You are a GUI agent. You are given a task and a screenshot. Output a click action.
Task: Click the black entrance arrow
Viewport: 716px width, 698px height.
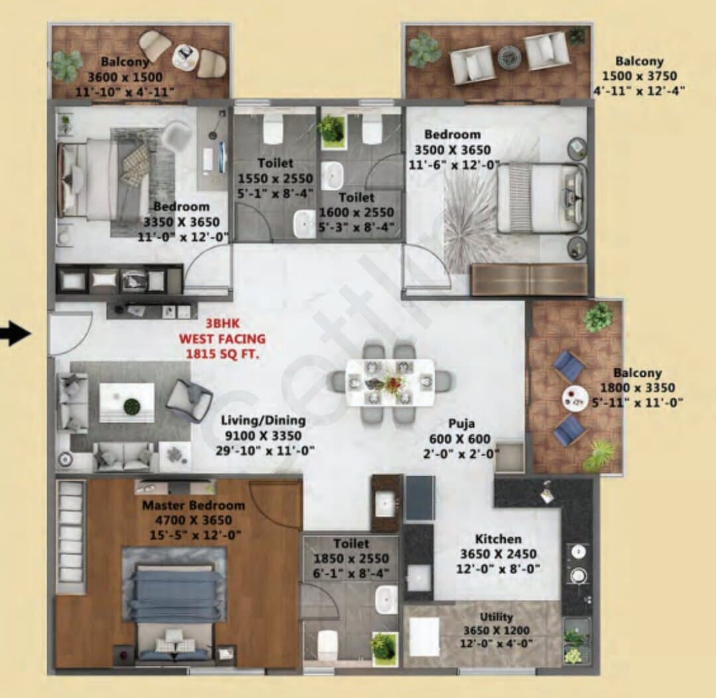point(15,332)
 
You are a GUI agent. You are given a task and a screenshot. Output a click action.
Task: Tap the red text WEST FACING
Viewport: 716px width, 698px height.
point(222,338)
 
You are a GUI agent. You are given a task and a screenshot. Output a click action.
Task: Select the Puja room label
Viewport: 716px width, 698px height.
point(461,423)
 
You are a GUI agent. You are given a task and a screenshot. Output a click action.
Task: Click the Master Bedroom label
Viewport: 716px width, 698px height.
point(194,505)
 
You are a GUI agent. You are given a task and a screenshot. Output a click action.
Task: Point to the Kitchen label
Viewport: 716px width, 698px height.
point(498,539)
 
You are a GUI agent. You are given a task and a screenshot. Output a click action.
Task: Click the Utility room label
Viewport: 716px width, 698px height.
point(497,616)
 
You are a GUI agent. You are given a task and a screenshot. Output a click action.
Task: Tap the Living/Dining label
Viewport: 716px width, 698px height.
point(263,420)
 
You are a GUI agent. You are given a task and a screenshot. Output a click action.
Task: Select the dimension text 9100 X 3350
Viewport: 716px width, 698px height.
point(263,436)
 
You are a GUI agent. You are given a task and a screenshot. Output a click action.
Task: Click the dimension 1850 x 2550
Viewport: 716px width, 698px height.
point(351,558)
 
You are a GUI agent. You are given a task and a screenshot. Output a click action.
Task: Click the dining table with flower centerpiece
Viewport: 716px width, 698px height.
point(390,382)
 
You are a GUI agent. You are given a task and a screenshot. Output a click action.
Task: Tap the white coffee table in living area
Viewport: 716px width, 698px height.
point(127,403)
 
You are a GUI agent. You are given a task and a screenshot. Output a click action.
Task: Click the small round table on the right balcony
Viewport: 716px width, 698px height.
point(573,399)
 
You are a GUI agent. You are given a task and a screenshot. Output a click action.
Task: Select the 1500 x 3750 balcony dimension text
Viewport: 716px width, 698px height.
point(639,76)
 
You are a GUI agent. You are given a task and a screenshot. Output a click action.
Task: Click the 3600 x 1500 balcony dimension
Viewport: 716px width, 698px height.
point(125,77)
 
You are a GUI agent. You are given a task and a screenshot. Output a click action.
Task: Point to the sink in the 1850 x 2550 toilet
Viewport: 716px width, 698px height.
point(387,600)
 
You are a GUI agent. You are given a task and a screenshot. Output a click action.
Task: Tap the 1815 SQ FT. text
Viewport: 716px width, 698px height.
point(222,354)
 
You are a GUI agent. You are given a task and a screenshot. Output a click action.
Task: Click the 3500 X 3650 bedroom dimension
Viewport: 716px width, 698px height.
point(453,150)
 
